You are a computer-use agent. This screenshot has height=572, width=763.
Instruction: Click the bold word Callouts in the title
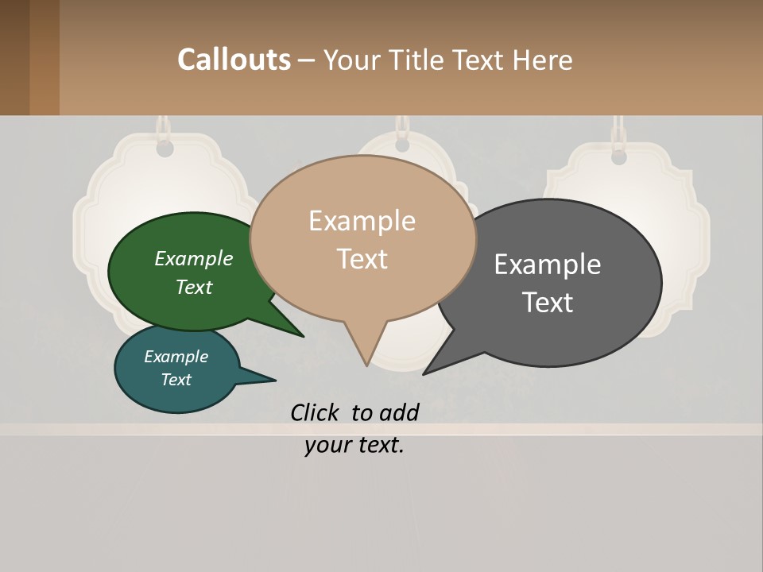[234, 60]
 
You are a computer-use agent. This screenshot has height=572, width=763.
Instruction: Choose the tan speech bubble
[362, 238]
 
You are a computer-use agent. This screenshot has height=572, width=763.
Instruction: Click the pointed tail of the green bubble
[299, 334]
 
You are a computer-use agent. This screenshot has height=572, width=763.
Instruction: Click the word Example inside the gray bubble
[548, 264]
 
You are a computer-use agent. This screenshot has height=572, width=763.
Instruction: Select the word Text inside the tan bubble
[362, 259]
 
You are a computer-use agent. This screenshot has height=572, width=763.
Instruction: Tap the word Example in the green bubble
[194, 258]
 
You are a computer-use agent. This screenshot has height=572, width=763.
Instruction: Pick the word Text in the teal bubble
[176, 380]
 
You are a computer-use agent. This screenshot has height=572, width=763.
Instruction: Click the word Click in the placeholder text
[316, 412]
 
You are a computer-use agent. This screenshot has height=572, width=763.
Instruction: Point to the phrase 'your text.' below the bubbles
[354, 445]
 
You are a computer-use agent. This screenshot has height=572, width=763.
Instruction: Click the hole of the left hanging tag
[165, 149]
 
